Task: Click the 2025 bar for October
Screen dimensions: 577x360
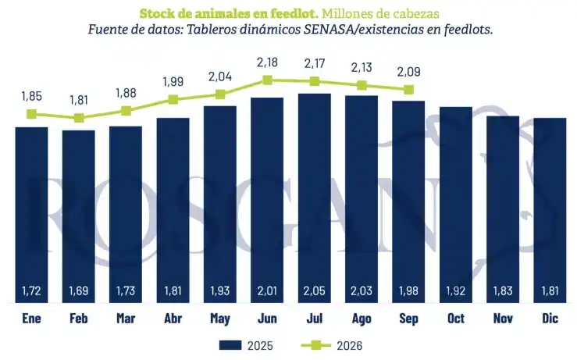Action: point(455,205)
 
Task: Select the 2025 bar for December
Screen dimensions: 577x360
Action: point(550,210)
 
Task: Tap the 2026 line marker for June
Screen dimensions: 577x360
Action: point(267,80)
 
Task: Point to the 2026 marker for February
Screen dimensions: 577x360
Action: point(79,118)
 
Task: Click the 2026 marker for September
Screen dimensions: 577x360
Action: point(408,90)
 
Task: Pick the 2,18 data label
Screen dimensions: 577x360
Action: point(267,62)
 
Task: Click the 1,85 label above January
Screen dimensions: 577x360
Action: point(32,96)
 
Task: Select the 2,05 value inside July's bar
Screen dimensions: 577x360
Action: point(314,290)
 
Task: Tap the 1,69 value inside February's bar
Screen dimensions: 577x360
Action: point(79,290)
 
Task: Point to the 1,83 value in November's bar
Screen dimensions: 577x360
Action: point(503,290)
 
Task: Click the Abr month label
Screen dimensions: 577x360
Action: point(173,318)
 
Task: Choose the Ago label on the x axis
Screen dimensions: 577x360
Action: point(362,319)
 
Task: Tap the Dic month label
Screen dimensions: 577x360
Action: point(550,318)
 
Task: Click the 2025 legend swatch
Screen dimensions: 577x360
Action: point(230,345)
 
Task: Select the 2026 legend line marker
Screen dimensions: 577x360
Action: point(315,345)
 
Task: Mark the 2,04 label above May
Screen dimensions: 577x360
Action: point(220,77)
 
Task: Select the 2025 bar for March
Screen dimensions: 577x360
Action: point(126,215)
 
